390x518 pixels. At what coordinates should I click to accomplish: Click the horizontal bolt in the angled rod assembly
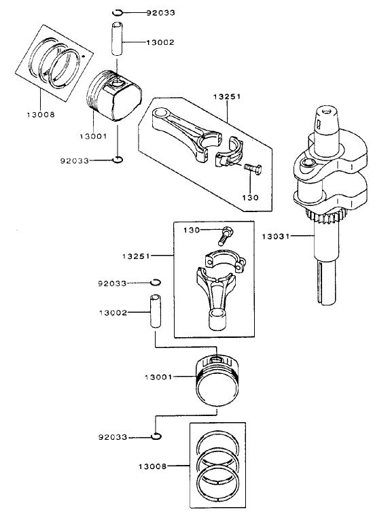(x=251, y=167)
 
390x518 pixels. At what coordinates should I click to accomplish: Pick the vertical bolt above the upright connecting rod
(x=224, y=235)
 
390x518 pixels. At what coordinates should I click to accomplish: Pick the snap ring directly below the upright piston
(x=156, y=436)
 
